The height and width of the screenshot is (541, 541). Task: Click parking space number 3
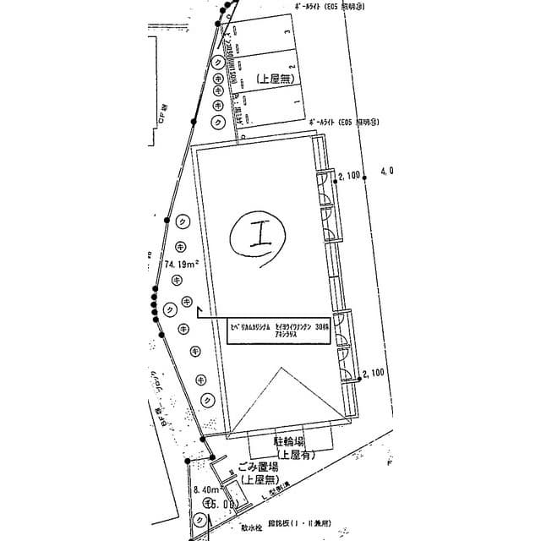tap(289, 32)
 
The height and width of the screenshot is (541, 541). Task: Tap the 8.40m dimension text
tap(207, 490)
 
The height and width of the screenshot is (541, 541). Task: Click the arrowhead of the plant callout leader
tap(198, 310)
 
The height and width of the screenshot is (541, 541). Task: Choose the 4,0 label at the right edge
tap(387, 171)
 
